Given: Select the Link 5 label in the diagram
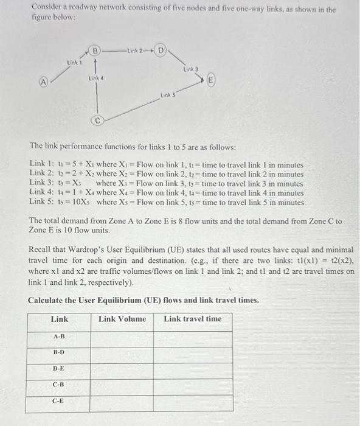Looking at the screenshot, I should click(168, 94).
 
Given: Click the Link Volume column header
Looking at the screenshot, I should click(122, 319).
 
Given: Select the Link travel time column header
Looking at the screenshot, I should click(193, 319).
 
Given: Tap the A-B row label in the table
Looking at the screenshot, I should click(59, 336).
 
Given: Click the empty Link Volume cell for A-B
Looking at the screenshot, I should click(122, 337).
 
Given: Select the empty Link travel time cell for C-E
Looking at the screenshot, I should click(193, 402).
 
